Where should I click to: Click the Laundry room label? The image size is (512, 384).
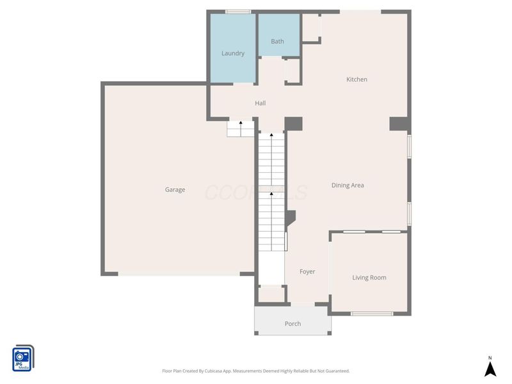(233, 53)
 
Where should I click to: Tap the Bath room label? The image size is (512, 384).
(277, 42)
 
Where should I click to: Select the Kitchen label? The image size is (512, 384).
(356, 79)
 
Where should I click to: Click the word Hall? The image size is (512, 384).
(260, 103)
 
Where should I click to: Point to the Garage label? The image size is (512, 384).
(175, 189)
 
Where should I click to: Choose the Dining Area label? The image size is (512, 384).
(348, 186)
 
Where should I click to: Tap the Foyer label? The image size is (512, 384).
(307, 272)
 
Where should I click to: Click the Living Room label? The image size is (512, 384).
(369, 278)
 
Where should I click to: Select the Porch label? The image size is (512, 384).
(292, 324)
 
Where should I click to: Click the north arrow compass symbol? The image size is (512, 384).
(490, 368)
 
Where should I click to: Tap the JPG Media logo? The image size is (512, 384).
(23, 358)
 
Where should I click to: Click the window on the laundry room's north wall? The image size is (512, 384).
(238, 12)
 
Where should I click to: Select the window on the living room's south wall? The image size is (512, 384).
(372, 314)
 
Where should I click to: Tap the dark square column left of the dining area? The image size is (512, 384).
(293, 124)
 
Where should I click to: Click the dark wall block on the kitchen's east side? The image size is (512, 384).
(398, 124)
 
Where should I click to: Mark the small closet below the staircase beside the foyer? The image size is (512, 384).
(271, 294)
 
